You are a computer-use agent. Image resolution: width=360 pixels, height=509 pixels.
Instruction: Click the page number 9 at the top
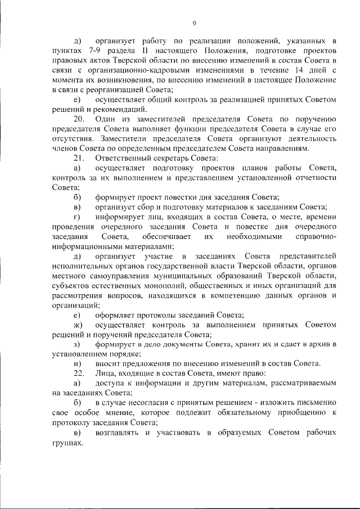[x=194, y=23]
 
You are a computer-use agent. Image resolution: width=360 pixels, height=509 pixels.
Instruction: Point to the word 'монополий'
[x=152, y=286]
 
